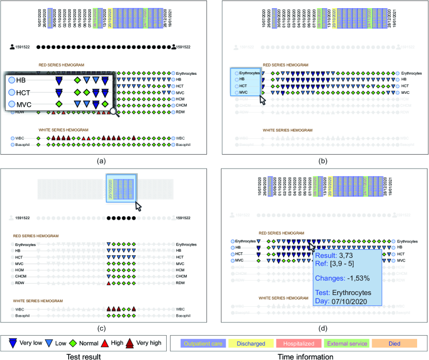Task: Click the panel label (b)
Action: pos(322,161)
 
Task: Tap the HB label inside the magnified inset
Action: pos(21,80)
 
